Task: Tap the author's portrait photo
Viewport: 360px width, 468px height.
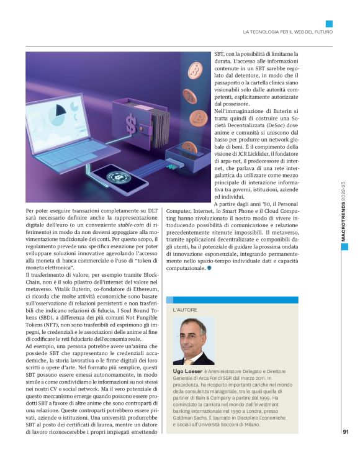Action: click(194, 341)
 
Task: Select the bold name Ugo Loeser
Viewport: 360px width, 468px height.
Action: click(190, 370)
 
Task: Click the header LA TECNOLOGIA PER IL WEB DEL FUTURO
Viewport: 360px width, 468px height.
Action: click(287, 32)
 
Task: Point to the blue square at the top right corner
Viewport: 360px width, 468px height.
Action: click(329, 23)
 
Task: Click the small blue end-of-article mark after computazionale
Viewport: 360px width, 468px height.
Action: click(209, 268)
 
